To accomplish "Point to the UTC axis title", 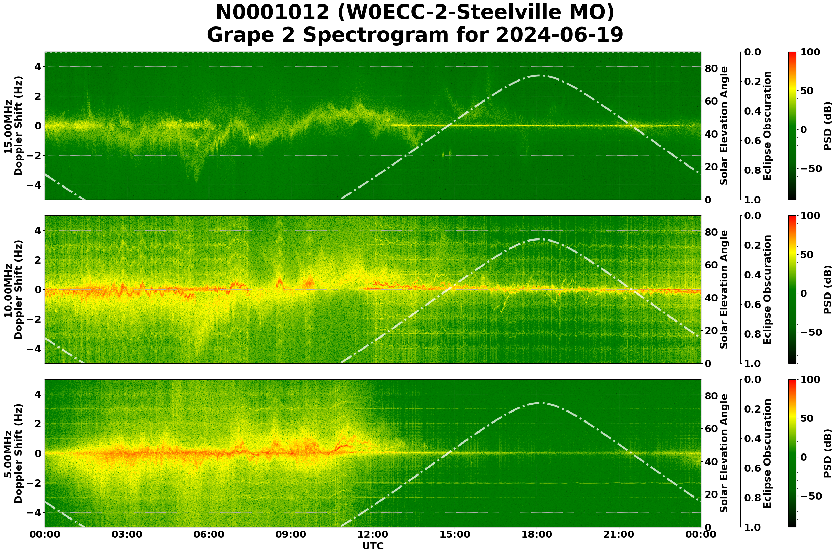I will pos(373,546).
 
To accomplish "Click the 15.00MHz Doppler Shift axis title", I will pos(13,126).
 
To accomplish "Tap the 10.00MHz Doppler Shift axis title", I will pos(13,289).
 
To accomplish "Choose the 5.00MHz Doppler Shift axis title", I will pos(13,453).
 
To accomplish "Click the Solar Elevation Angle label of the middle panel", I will pos(724,289).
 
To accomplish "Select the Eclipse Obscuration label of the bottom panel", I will pos(766,453).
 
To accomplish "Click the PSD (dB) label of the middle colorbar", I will pos(827,289).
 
